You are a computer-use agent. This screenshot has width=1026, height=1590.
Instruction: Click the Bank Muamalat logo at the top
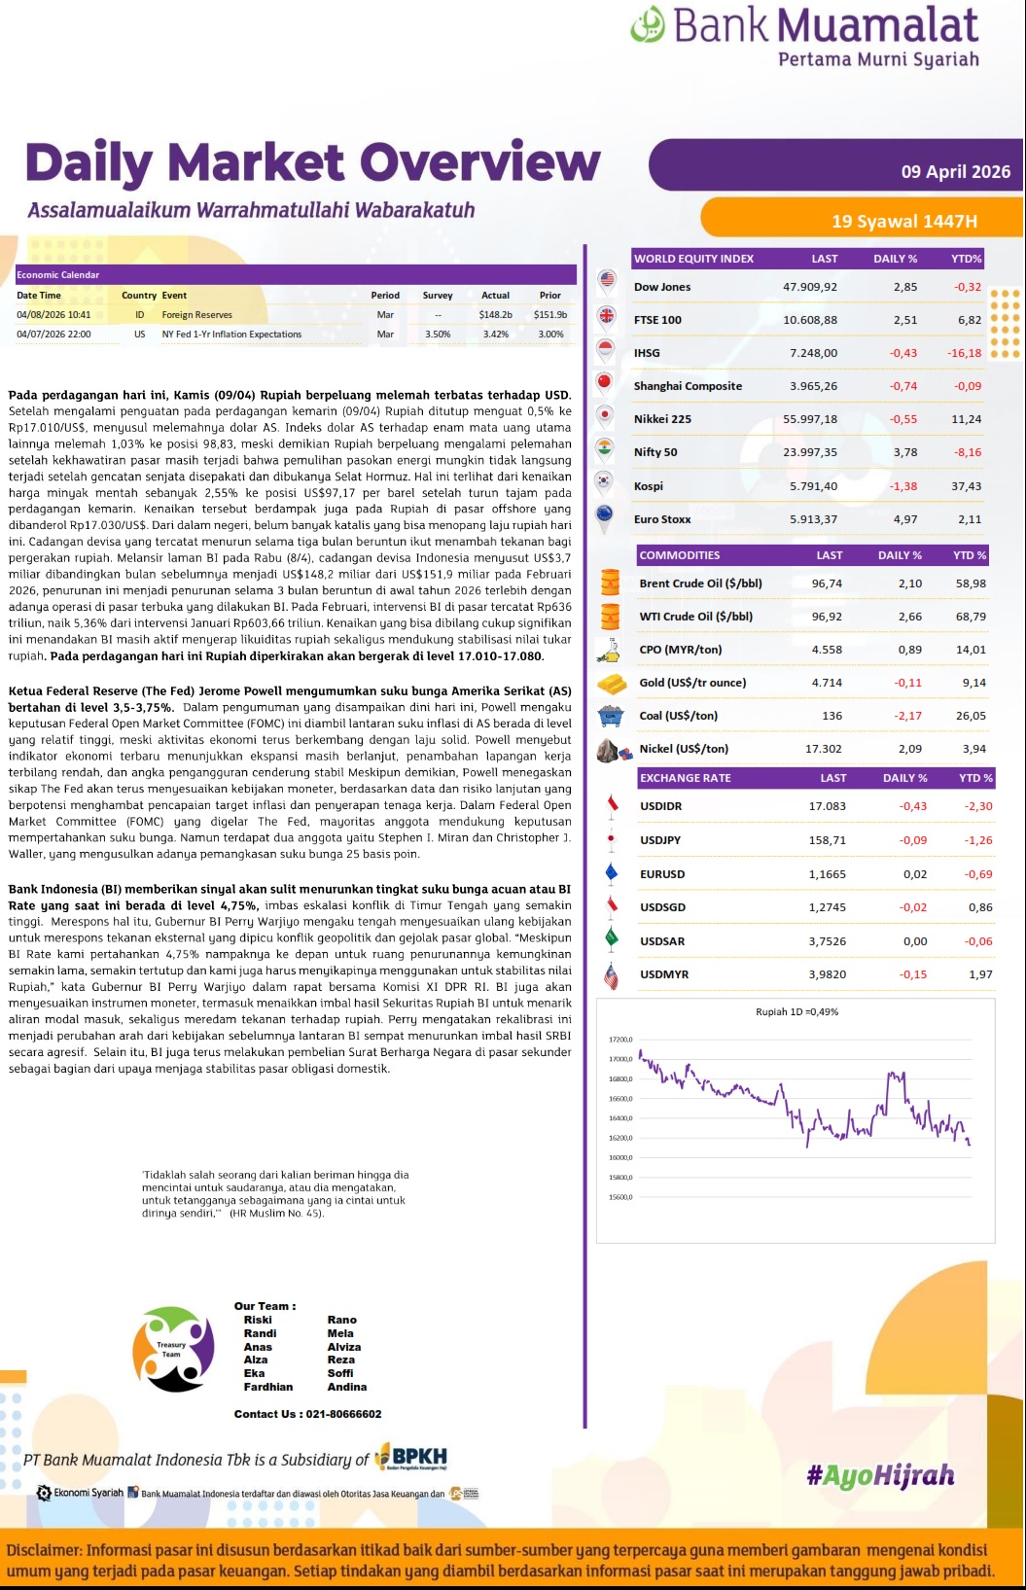click(x=805, y=36)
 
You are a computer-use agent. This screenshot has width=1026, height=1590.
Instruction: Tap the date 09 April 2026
click(x=955, y=172)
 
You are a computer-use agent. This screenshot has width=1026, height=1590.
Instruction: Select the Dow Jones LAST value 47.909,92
click(x=809, y=287)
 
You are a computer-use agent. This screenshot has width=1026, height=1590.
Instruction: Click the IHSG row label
click(x=647, y=353)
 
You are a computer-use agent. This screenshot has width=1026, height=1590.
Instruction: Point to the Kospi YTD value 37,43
click(x=967, y=486)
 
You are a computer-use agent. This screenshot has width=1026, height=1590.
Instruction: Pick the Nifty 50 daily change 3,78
click(x=904, y=452)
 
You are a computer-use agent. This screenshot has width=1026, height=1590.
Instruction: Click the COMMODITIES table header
click(x=680, y=555)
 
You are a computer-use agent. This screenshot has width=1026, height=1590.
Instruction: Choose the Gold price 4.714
click(x=827, y=683)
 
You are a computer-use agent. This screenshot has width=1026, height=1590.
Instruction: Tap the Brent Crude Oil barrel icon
click(x=610, y=583)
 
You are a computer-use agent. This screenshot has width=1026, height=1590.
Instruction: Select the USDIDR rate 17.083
click(x=827, y=806)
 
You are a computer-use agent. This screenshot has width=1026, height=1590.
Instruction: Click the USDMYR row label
click(x=663, y=974)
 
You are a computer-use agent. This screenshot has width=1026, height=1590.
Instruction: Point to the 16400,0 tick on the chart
click(x=620, y=1118)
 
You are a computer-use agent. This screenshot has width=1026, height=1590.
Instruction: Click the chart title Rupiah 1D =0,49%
click(x=796, y=1011)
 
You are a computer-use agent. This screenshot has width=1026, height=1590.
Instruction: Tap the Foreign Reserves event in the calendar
click(x=196, y=315)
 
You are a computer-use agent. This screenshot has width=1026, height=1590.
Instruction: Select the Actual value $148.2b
click(x=495, y=315)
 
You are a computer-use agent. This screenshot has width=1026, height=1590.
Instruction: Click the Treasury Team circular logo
click(x=173, y=1349)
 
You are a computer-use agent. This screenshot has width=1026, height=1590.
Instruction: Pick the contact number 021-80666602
click(x=342, y=1414)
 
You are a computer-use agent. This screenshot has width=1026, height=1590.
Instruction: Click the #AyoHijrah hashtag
click(x=880, y=1476)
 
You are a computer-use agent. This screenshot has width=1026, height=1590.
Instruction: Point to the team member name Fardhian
click(x=268, y=1387)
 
